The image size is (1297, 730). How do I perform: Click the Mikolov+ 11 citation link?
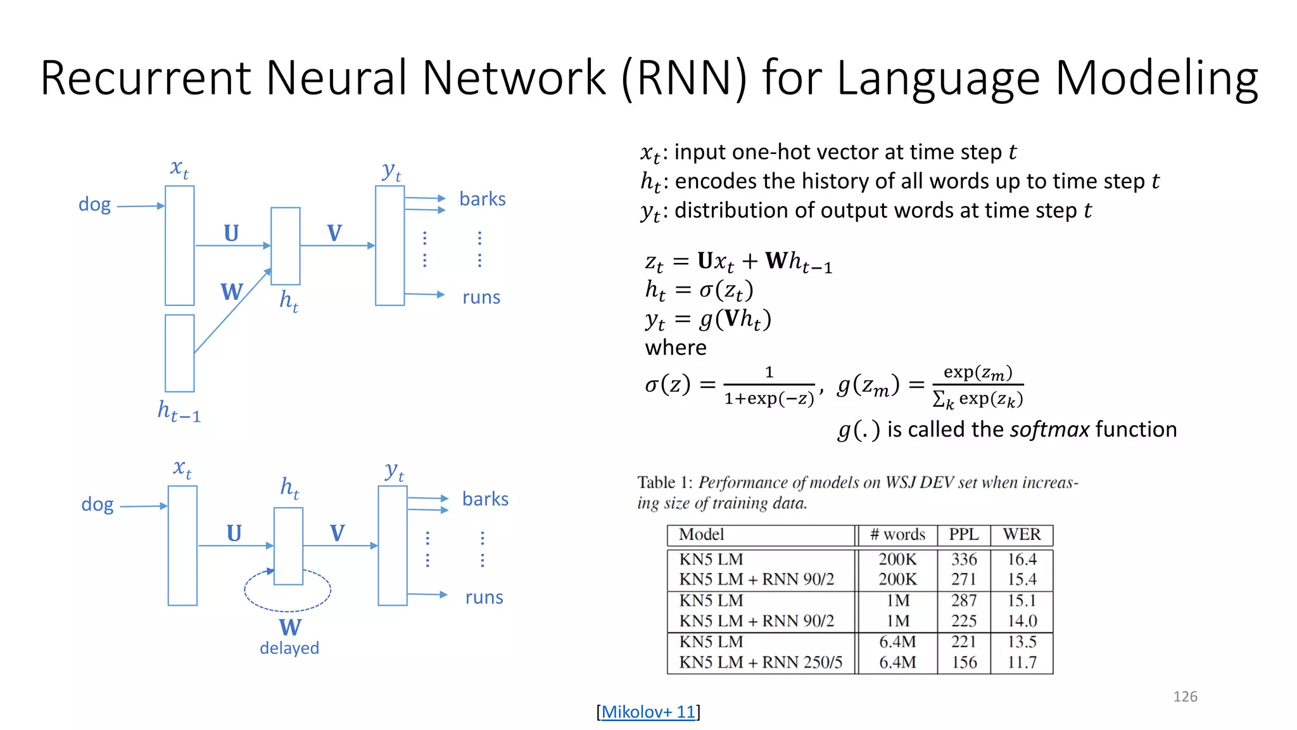(648, 712)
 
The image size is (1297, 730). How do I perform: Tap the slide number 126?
(1185, 696)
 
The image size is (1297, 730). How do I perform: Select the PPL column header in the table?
(963, 534)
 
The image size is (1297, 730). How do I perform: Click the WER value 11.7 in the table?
(1022, 662)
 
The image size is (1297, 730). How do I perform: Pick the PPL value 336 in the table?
(963, 559)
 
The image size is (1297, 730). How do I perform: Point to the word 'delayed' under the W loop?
(289, 648)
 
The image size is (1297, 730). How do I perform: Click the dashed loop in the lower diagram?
(288, 607)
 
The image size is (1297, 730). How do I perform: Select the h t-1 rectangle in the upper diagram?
(180, 353)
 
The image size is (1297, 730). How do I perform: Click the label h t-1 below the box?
(179, 412)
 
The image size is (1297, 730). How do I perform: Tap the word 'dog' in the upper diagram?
(94, 204)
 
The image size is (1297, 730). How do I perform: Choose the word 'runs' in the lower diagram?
(484, 597)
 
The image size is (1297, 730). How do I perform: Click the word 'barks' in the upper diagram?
(482, 199)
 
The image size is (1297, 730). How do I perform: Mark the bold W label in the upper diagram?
(231, 292)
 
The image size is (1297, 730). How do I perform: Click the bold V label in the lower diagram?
(337, 533)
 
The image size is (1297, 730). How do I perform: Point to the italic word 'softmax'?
(1049, 429)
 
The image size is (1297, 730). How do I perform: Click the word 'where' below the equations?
(675, 347)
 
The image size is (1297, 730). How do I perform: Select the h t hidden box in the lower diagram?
(288, 546)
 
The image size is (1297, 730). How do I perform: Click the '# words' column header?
(897, 534)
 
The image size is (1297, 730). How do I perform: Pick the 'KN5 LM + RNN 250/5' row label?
(760, 662)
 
